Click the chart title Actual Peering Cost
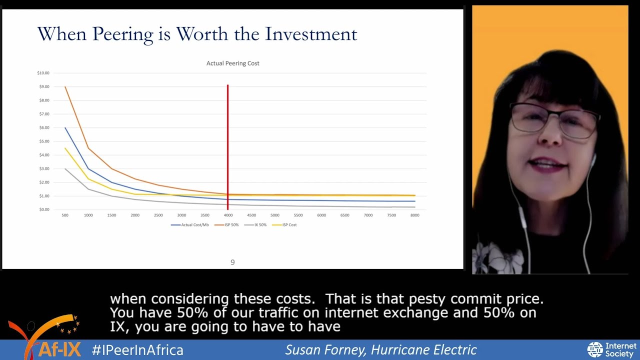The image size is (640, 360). (232, 63)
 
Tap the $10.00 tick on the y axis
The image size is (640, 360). (43, 73)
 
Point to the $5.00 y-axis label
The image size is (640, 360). (43, 141)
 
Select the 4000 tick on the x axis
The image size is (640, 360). (228, 215)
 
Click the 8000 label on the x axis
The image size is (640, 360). (414, 215)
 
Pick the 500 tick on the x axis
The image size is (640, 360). (65, 215)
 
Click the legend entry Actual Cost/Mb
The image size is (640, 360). (190, 225)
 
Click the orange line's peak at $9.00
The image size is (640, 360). (65, 87)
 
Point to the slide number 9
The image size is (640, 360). (232, 262)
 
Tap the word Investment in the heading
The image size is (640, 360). (311, 34)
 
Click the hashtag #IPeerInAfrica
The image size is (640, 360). (137, 350)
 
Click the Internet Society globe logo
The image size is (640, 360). (595, 350)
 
